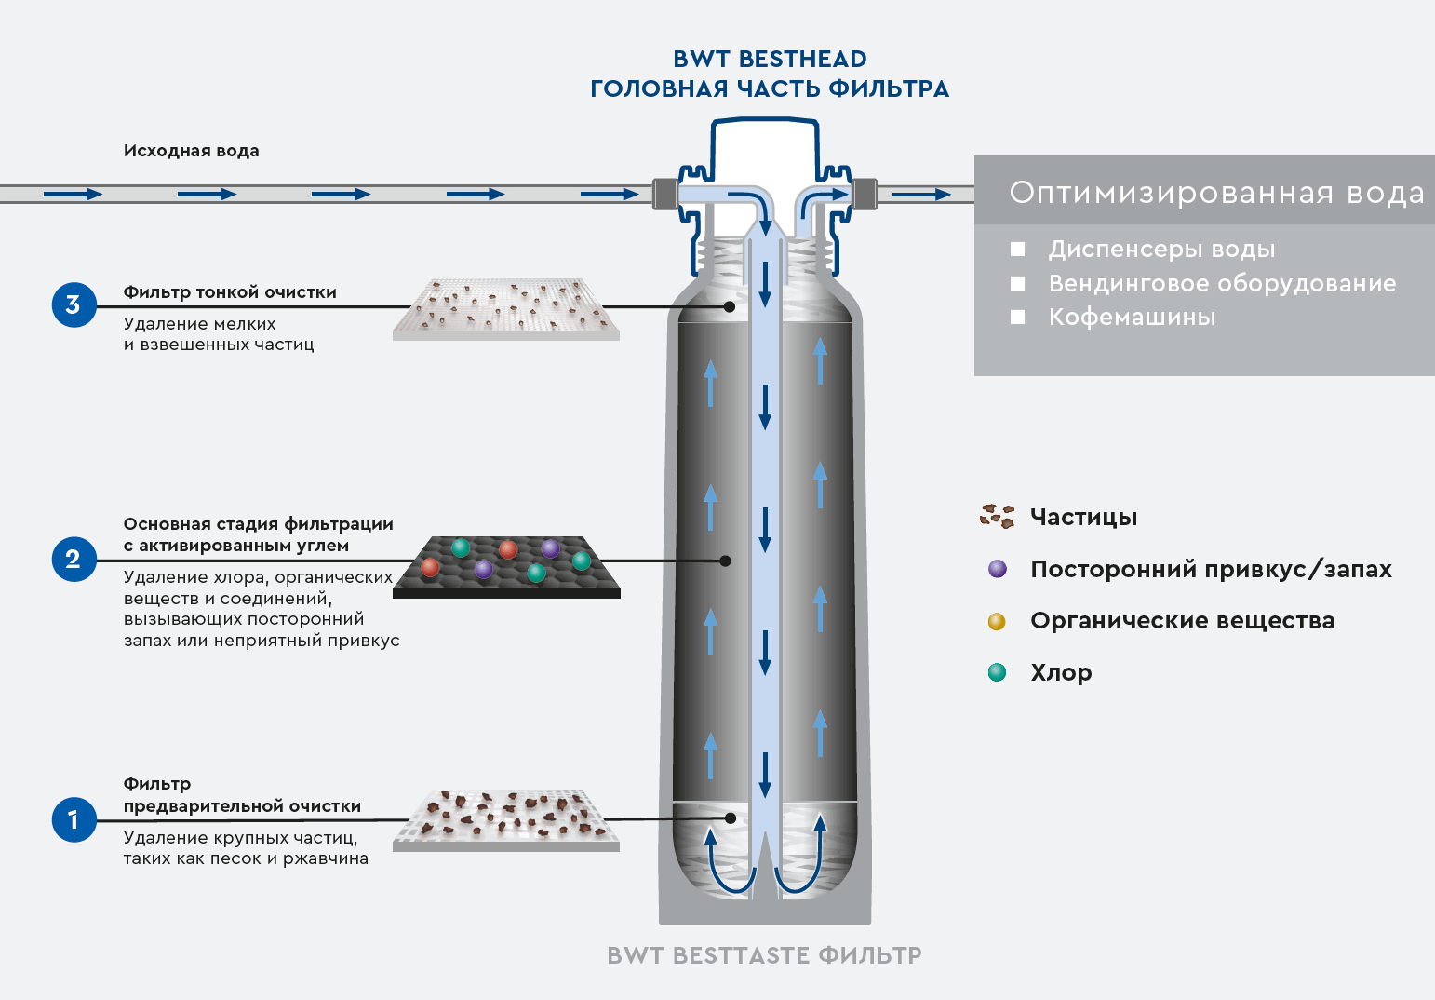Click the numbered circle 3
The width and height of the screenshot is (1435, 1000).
[x=74, y=304]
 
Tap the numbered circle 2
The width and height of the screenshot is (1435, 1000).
[x=74, y=559]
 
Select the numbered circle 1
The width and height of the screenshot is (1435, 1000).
[x=74, y=819]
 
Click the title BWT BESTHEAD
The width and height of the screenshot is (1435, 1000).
[x=770, y=59]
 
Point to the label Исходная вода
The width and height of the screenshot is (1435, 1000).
[x=191, y=151]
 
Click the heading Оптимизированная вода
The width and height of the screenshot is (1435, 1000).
[x=1216, y=193]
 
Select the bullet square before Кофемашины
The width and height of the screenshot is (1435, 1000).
[x=1018, y=318]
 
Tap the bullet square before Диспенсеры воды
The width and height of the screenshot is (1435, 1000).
[x=1018, y=250]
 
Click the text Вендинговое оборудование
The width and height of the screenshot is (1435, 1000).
[x=1222, y=283]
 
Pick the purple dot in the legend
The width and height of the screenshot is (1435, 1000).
[x=998, y=569]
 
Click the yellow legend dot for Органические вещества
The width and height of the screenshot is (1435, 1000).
[x=997, y=621]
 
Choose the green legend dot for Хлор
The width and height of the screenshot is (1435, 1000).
[x=997, y=672]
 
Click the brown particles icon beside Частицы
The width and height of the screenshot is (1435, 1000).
[x=997, y=516]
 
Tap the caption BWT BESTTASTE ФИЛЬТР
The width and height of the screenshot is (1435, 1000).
[x=764, y=955]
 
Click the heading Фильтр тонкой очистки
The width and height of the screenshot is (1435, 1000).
[x=230, y=292]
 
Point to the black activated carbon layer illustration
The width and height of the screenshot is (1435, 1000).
[x=506, y=566]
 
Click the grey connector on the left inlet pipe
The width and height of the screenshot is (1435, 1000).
[x=664, y=194]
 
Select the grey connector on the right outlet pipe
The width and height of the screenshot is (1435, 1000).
[x=865, y=194]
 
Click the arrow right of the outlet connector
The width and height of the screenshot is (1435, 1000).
[x=921, y=195]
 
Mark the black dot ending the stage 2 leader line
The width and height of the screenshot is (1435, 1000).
[x=726, y=561]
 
